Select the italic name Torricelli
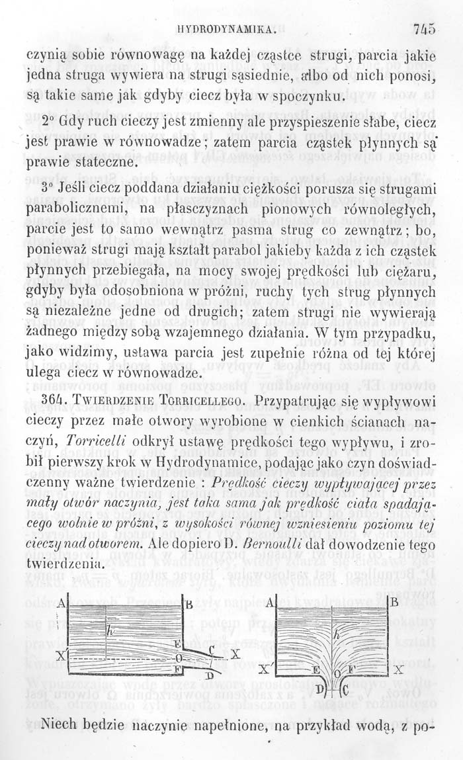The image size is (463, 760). [x=99, y=442]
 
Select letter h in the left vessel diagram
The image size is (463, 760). [x=112, y=634]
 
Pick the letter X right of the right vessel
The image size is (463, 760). [x=398, y=669]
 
